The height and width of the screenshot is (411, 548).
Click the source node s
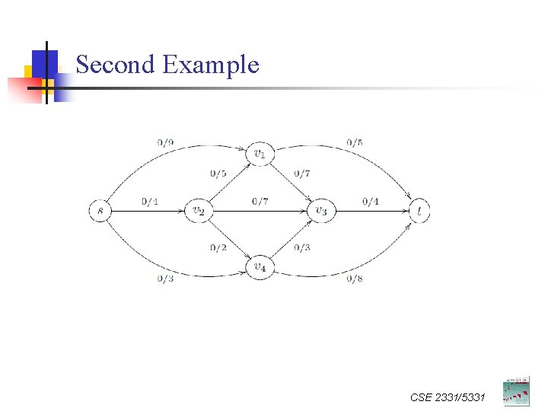click(100, 210)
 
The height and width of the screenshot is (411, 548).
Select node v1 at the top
click(260, 154)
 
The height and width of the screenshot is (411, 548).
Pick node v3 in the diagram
click(320, 210)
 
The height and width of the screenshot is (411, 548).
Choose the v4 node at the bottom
click(260, 267)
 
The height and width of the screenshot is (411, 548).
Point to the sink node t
click(419, 210)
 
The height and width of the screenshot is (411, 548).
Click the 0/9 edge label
click(165, 142)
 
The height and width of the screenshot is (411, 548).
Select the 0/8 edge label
click(354, 279)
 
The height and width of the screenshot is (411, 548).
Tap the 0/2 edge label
click(218, 247)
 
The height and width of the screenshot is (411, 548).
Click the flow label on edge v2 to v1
click(218, 174)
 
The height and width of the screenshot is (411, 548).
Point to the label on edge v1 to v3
click(302, 174)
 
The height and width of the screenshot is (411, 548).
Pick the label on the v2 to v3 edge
click(260, 201)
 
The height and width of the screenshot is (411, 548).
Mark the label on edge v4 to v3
click(302, 247)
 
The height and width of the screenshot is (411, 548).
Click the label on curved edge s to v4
click(165, 279)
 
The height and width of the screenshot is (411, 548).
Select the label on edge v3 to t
click(371, 201)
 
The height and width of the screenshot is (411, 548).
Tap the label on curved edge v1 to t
click(354, 142)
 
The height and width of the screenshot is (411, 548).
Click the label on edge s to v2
click(150, 201)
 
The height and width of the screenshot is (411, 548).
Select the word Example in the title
click(211, 65)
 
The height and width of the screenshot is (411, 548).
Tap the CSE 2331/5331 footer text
click(446, 397)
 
